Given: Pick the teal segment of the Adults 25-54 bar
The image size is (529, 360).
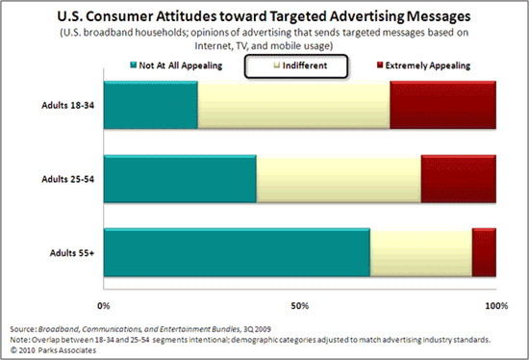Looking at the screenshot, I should click(180, 178).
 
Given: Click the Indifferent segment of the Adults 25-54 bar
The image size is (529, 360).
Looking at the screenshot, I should click(339, 178).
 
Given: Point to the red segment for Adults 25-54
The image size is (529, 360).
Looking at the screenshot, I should click(458, 178).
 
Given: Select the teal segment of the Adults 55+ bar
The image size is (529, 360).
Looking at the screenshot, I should click(237, 253).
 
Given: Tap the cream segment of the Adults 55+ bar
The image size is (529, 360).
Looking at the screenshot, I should click(421, 253).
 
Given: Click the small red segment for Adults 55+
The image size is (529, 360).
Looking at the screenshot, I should click(484, 253).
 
